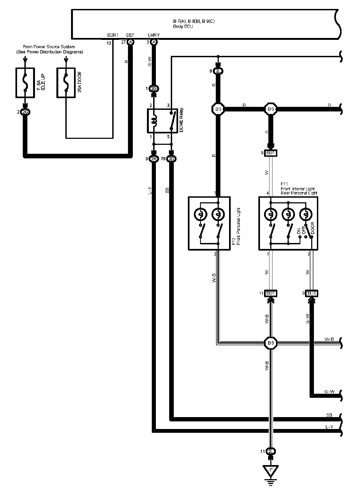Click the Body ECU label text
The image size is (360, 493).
point(183,27)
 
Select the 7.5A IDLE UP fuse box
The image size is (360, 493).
point(25,82)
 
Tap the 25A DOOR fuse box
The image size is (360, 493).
point(66,82)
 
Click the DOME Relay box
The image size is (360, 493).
point(162,121)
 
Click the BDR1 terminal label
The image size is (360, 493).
point(113,35)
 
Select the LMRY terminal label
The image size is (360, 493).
point(154,35)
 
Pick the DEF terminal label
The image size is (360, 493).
point(130,35)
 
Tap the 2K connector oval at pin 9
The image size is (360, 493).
point(154,159)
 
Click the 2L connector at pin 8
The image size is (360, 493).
point(218,71)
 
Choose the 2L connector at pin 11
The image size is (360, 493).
point(271,452)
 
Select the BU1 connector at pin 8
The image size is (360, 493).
point(271,153)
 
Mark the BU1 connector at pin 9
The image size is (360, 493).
point(312,293)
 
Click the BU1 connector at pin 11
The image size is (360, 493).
point(271,293)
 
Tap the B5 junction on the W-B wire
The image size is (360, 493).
point(271,343)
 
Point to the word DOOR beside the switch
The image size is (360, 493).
point(313,228)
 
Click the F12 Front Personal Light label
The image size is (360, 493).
point(236,226)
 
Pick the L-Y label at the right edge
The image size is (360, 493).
point(329,427)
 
